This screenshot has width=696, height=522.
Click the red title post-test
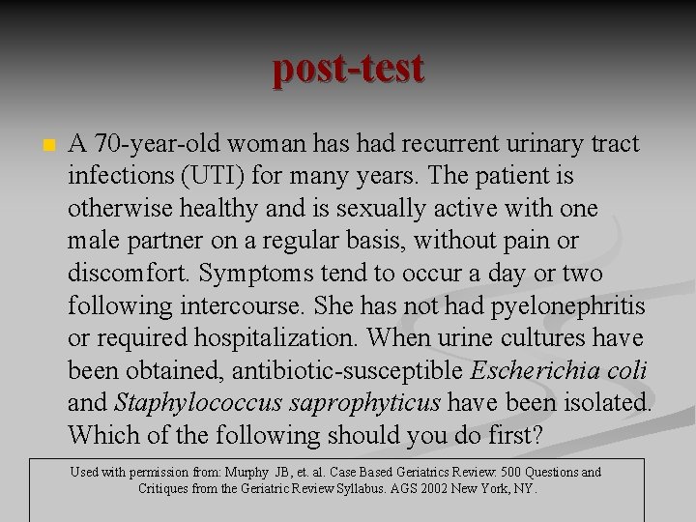point(348,69)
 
